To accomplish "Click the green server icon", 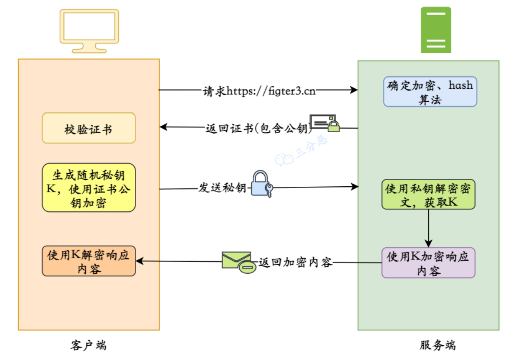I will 436,30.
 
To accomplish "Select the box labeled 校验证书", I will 89,128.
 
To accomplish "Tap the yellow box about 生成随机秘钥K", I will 89,187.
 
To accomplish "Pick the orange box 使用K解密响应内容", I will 89,261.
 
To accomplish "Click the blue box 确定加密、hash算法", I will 430,91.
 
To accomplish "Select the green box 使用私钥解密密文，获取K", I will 428,195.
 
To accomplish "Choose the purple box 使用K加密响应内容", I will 428,263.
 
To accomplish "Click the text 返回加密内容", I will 296,262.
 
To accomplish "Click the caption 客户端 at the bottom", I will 88,345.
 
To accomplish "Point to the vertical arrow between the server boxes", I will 428,228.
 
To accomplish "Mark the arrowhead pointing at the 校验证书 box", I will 163,127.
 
